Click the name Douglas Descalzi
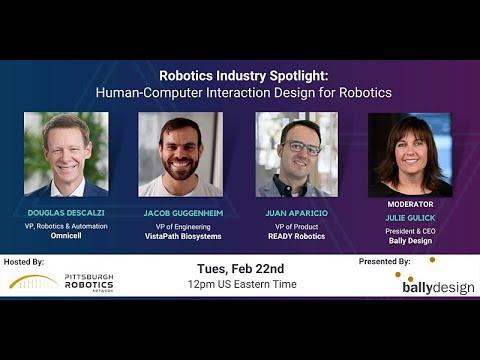coord(66,213)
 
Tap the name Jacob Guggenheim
coord(183,213)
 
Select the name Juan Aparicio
coord(297,213)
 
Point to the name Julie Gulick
coord(410,218)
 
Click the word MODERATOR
coord(410,204)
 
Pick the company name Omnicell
coord(66,235)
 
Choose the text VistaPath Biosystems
coord(183,236)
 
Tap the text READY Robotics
coord(297,236)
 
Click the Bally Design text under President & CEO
coord(410,241)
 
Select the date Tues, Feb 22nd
coord(241,269)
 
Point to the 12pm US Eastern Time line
coord(242,284)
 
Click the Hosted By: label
coord(24,262)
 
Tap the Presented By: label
coord(385,262)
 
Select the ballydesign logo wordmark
coord(438,287)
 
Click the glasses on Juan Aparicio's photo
coord(302,147)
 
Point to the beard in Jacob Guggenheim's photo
coord(181,167)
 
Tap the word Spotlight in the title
coord(299,76)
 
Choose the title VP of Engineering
coord(183,227)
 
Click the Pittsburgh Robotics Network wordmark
coord(89,283)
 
